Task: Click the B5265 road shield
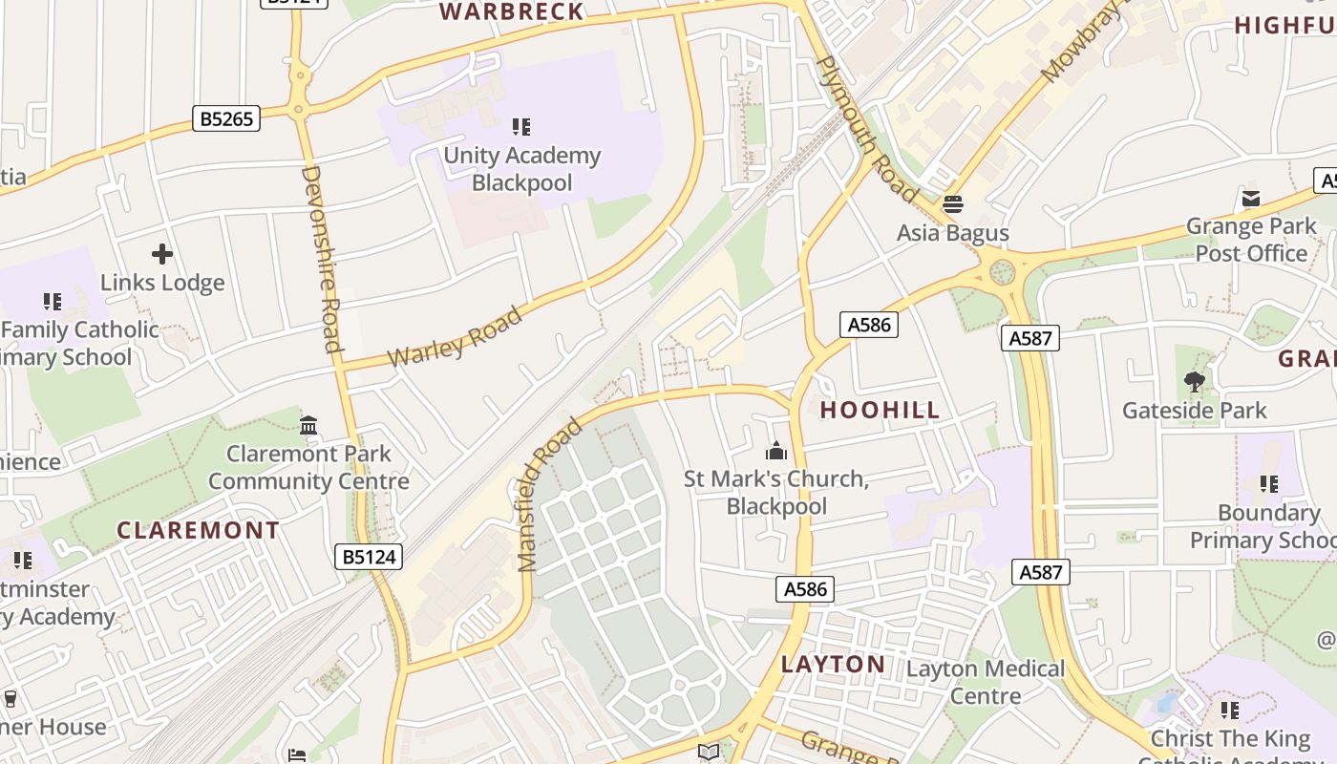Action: pyautogui.click(x=227, y=118)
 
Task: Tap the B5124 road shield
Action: pyautogui.click(x=369, y=557)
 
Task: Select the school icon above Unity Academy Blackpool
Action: pyautogui.click(x=520, y=127)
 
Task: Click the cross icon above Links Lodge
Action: pyautogui.click(x=162, y=254)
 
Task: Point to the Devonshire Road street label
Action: pyautogui.click(x=321, y=259)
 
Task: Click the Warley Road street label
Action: pyautogui.click(x=456, y=336)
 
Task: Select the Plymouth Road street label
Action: pyautogui.click(x=867, y=129)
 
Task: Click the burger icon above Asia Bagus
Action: pyautogui.click(x=952, y=204)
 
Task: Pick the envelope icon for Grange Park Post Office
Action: pyautogui.click(x=1250, y=199)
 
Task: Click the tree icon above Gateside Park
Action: pyautogui.click(x=1194, y=382)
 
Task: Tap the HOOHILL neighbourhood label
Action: pyautogui.click(x=880, y=411)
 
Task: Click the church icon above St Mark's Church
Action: pyautogui.click(x=776, y=450)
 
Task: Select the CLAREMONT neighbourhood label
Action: pyautogui.click(x=199, y=530)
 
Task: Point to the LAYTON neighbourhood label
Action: pyautogui.click(x=833, y=665)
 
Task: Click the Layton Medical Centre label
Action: pyautogui.click(x=985, y=682)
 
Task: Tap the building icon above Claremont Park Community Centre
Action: pyautogui.click(x=308, y=425)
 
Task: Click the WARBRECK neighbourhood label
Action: pyautogui.click(x=511, y=11)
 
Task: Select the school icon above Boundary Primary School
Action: pyautogui.click(x=1268, y=484)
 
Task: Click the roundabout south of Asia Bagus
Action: pyautogui.click(x=1001, y=273)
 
